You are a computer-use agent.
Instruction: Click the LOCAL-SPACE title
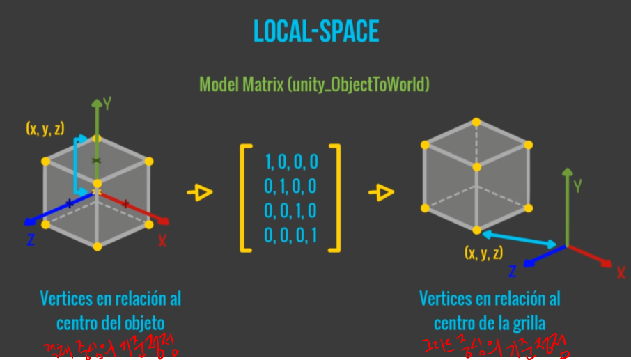tap(315, 33)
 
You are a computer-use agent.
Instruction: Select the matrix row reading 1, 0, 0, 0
tap(291, 162)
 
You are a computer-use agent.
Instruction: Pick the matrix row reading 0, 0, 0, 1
tap(291, 235)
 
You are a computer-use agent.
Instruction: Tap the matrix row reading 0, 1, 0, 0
tap(291, 186)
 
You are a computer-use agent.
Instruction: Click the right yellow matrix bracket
tap(336, 198)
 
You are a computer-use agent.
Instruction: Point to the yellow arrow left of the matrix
tap(200, 193)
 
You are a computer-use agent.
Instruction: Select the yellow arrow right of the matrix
tap(381, 193)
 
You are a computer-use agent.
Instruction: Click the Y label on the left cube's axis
tap(107, 104)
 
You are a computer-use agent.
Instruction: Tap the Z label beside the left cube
tap(31, 240)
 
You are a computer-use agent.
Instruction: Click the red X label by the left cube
tap(162, 240)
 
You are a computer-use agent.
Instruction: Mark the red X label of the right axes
tap(621, 272)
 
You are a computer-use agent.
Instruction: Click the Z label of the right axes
tap(512, 271)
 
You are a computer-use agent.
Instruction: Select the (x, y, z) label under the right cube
tap(484, 253)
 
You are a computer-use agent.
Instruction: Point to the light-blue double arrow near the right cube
tap(519, 238)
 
